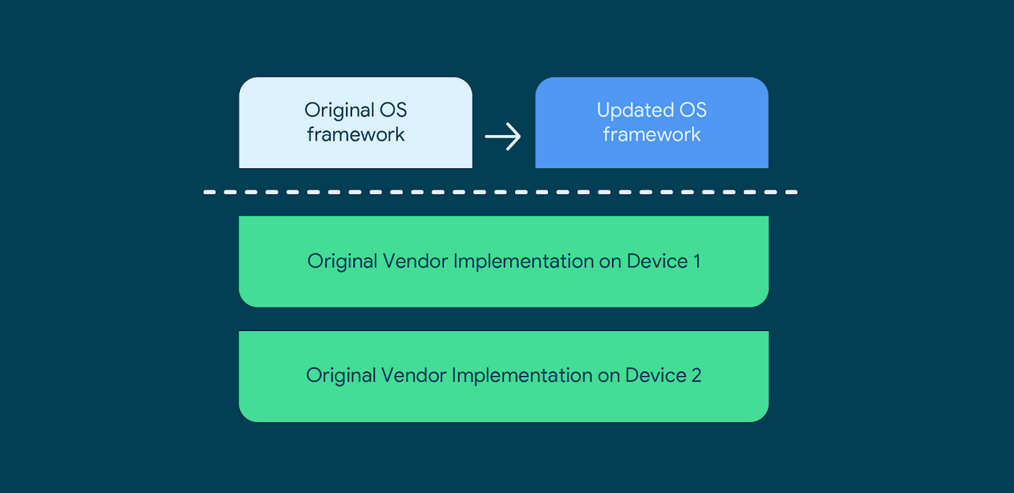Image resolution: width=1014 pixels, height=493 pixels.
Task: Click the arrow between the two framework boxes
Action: (503, 137)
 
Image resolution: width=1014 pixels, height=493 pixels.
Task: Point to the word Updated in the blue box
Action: (629, 110)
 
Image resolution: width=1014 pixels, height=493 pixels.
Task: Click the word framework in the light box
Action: (355, 134)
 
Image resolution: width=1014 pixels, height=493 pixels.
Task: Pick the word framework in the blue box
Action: (652, 134)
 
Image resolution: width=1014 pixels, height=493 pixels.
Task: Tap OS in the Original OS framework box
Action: (392, 110)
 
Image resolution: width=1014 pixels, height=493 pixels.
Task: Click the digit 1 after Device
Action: (696, 261)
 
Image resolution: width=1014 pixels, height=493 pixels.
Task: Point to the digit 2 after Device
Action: (696, 374)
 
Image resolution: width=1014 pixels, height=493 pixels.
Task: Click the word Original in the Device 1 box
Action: (341, 261)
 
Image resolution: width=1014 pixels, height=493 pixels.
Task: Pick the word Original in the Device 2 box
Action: (340, 374)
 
